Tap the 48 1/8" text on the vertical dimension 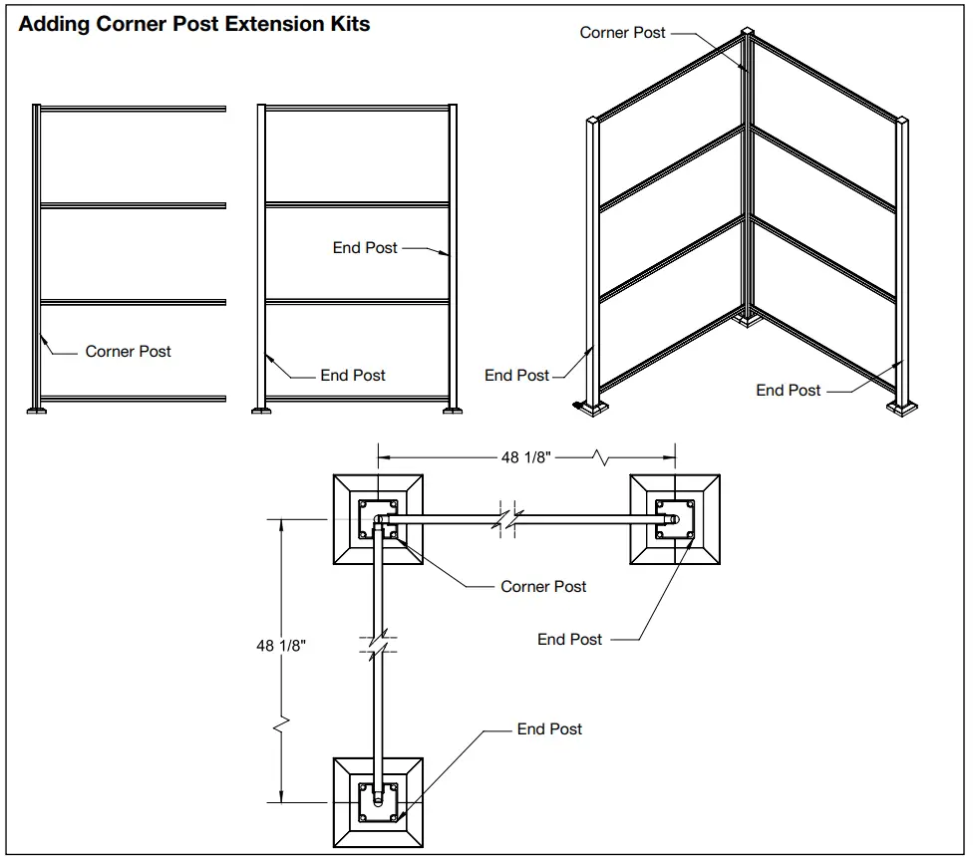281,646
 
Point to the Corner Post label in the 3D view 622,33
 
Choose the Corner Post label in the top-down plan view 543,587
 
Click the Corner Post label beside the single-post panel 128,352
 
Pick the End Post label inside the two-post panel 365,248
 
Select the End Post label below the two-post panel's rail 353,376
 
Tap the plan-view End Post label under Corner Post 569,640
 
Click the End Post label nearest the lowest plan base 549,729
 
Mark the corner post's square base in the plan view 378,520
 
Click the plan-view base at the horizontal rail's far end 674,520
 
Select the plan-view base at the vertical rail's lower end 378,801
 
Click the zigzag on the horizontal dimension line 601,458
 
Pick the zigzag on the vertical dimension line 282,718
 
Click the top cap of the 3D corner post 746,37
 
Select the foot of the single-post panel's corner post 37,407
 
